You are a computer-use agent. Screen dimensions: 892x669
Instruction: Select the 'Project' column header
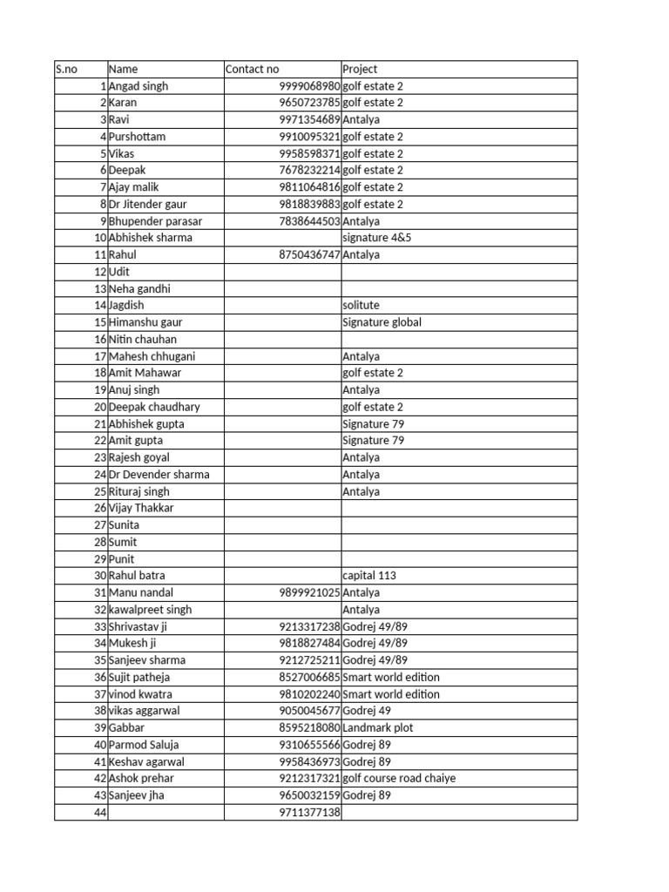[x=360, y=69]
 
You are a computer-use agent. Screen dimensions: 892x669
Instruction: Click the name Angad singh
[x=139, y=86]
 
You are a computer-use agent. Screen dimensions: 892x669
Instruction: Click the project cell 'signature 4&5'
[x=377, y=238]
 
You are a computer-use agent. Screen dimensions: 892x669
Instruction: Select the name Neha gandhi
[x=139, y=288]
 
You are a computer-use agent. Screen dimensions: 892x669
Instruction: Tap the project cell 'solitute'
[x=362, y=306]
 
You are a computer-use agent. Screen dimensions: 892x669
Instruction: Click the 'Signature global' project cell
[x=382, y=322]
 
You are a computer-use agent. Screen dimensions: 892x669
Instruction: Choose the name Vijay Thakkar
[x=141, y=508]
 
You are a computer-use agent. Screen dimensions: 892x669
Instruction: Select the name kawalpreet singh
[x=150, y=610]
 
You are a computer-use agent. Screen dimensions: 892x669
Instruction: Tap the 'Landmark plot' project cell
[x=378, y=728]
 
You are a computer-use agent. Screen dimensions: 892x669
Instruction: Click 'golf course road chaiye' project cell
[x=399, y=779]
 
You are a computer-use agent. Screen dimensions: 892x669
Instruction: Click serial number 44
[x=98, y=813]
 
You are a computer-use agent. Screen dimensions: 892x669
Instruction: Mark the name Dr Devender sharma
[x=159, y=475]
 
